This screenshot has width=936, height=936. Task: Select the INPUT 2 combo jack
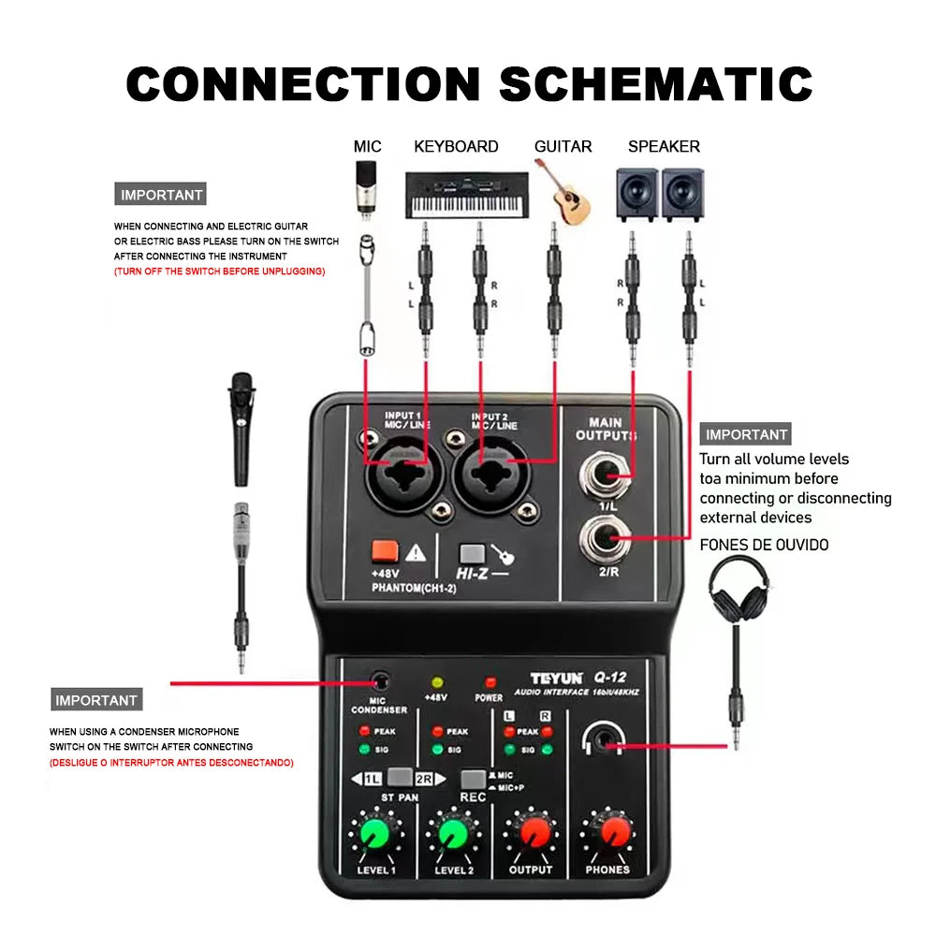[x=491, y=470]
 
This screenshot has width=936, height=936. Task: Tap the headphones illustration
[x=739, y=589]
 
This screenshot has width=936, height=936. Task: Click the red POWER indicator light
[x=489, y=682]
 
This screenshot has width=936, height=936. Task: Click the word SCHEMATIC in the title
[x=655, y=84]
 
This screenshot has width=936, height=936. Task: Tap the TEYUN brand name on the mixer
[x=556, y=678]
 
